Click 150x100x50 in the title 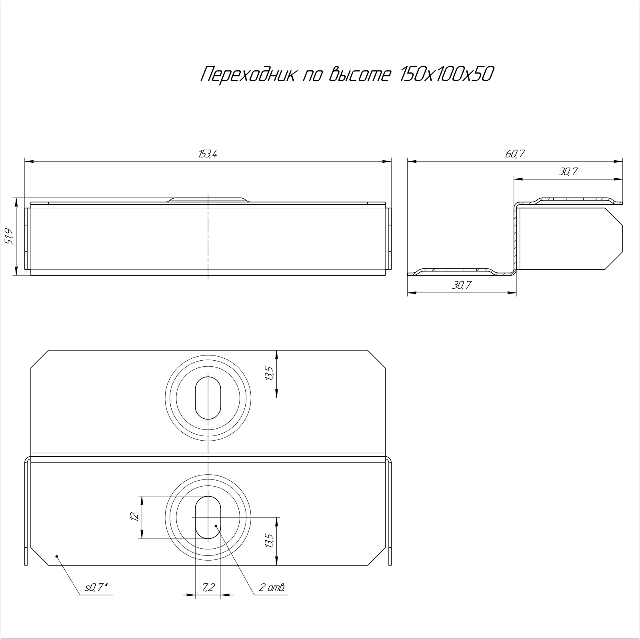coord(444,74)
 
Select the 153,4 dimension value coord(208,154)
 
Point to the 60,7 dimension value coord(515,154)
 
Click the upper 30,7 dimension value coord(568,172)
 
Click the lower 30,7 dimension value coord(462,285)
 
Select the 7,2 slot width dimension coord(208,587)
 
